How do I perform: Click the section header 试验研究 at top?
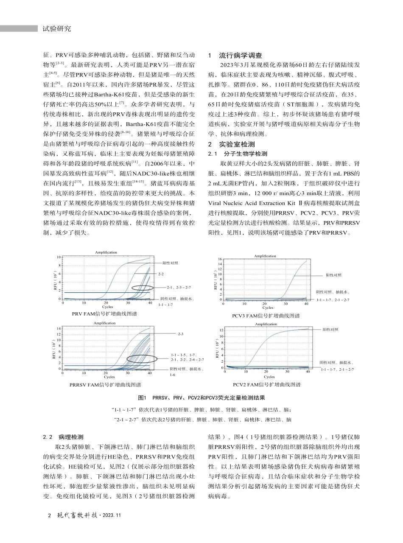pos(57,29)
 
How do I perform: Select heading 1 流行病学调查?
pos(236,56)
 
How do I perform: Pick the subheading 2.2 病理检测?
pos(63,437)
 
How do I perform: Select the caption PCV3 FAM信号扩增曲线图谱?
pos(266,316)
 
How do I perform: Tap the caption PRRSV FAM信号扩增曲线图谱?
pos(105,384)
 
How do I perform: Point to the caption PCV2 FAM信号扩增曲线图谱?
pos(266,384)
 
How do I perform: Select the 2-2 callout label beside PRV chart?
pos(161,274)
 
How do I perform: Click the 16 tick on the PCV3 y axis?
pos(219,259)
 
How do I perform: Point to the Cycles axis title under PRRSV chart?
pos(109,377)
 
